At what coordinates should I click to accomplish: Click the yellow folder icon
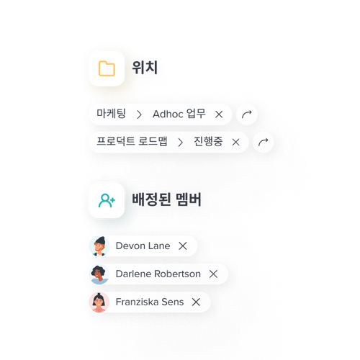point(107,68)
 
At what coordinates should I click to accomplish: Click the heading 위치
point(145,68)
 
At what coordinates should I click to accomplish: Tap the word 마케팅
point(111,114)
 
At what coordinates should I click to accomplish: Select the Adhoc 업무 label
point(179,114)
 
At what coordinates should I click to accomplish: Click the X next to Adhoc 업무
point(219,114)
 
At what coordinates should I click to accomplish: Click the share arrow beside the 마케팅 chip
point(247,114)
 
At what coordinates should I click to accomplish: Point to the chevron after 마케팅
point(139,114)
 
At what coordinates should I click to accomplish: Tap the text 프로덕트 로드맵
point(132,141)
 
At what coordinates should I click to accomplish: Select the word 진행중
point(208,141)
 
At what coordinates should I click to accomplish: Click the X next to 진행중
point(236,143)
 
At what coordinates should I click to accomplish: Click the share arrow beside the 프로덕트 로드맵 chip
point(264,142)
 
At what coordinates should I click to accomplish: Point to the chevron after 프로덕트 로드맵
point(181,143)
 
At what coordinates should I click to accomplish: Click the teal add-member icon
point(107,200)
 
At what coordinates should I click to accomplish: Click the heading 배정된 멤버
point(166,199)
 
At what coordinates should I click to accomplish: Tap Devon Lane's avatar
point(99,246)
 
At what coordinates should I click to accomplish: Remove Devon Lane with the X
point(183,246)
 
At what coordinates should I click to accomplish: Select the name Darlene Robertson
point(158,274)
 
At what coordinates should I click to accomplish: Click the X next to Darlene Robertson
point(213,274)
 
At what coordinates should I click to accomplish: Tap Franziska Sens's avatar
point(99,302)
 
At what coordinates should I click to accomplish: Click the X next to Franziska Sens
point(196,302)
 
